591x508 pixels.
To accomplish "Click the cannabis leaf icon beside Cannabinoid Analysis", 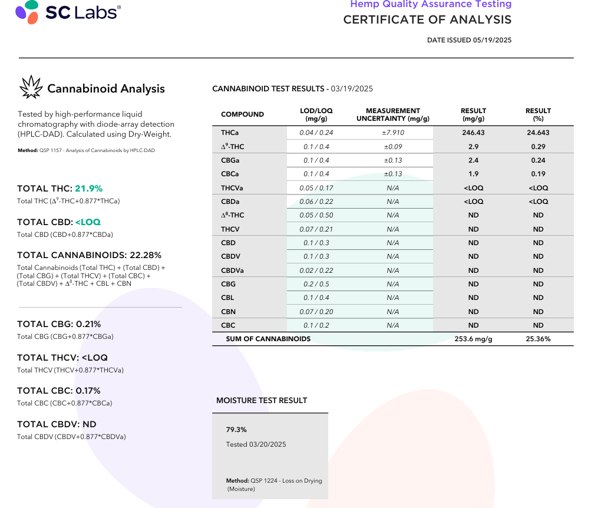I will coord(31,87).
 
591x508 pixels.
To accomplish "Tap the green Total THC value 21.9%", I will coord(88,189).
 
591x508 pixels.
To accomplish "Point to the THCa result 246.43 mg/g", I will coord(473,133).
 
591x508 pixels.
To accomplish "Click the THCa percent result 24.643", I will coord(538,133).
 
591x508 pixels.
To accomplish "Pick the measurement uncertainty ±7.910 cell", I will coord(393,133).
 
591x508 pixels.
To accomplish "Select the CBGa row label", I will coord(230,160).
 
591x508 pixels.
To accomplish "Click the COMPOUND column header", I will coord(242,114).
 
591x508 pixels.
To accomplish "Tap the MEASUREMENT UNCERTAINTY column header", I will coord(393,114).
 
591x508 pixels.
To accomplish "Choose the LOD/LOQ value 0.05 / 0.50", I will coord(316,215).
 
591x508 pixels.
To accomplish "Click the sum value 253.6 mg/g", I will coord(473,339).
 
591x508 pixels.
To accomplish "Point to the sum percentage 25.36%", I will coord(538,339).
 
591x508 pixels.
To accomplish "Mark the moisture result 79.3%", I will coord(236,430).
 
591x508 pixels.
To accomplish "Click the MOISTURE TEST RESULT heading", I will coord(262,400).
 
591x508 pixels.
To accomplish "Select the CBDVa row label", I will coord(233,271).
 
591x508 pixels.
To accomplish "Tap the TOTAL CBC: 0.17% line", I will coord(59,391).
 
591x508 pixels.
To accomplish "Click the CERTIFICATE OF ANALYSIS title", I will coord(427,19).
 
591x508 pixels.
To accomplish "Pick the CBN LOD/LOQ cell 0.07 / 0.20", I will coord(316,312).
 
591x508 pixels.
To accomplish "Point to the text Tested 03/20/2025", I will coord(256,444).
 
